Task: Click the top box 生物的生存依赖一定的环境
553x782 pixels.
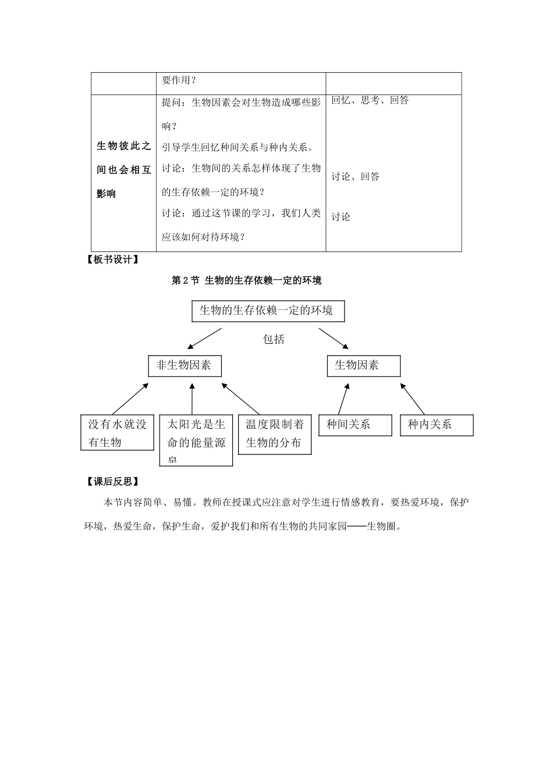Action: (x=268, y=311)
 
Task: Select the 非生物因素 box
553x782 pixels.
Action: (x=184, y=365)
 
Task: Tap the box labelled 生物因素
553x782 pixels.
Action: (x=363, y=365)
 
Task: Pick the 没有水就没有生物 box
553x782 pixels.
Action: (x=117, y=433)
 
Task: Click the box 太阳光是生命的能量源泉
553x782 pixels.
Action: (x=196, y=440)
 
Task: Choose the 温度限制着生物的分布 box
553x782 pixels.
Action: (x=275, y=433)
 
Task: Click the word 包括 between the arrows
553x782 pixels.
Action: (x=274, y=339)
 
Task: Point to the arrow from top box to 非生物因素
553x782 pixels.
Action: (x=204, y=338)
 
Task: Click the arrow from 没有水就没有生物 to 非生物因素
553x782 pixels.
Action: (x=130, y=399)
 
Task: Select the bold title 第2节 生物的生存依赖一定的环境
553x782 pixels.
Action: (x=247, y=280)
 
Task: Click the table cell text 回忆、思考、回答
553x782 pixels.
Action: (x=370, y=100)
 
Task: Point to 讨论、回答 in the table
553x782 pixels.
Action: (x=356, y=176)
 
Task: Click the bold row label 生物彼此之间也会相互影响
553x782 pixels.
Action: (x=123, y=170)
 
